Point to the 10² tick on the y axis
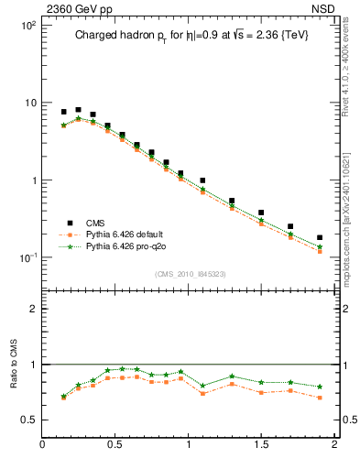pyautogui.click(x=27, y=26)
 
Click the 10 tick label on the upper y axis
pyautogui.click(x=29, y=103)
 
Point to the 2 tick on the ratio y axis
pyautogui.click(x=33, y=309)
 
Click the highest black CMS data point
pyautogui.click(x=78, y=110)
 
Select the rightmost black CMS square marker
pyautogui.click(x=320, y=237)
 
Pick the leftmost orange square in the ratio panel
pyautogui.click(x=63, y=398)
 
